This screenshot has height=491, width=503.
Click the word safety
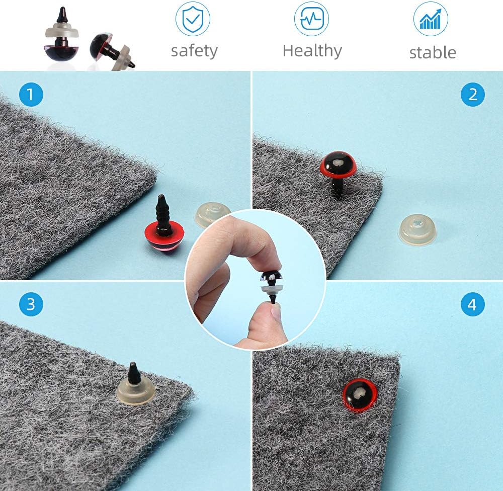(194, 51)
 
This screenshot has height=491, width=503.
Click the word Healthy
(312, 51)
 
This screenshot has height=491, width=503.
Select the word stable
(433, 53)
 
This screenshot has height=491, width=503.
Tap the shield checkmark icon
(193, 18)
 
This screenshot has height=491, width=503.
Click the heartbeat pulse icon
(311, 18)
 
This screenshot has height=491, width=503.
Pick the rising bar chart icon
(431, 18)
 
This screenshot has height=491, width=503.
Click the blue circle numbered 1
(31, 95)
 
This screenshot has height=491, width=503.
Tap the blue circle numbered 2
(472, 95)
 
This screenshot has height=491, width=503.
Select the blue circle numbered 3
(31, 304)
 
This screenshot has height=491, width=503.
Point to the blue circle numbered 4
(472, 304)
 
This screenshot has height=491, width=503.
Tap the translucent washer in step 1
(212, 214)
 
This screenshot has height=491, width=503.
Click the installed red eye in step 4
(360, 395)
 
